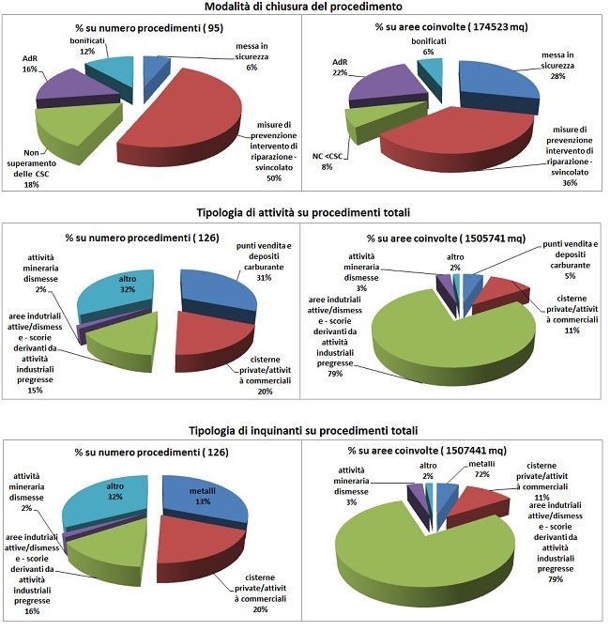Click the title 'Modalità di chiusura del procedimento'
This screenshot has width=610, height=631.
304,8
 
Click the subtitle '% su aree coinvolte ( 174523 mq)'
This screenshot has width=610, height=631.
450,27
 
